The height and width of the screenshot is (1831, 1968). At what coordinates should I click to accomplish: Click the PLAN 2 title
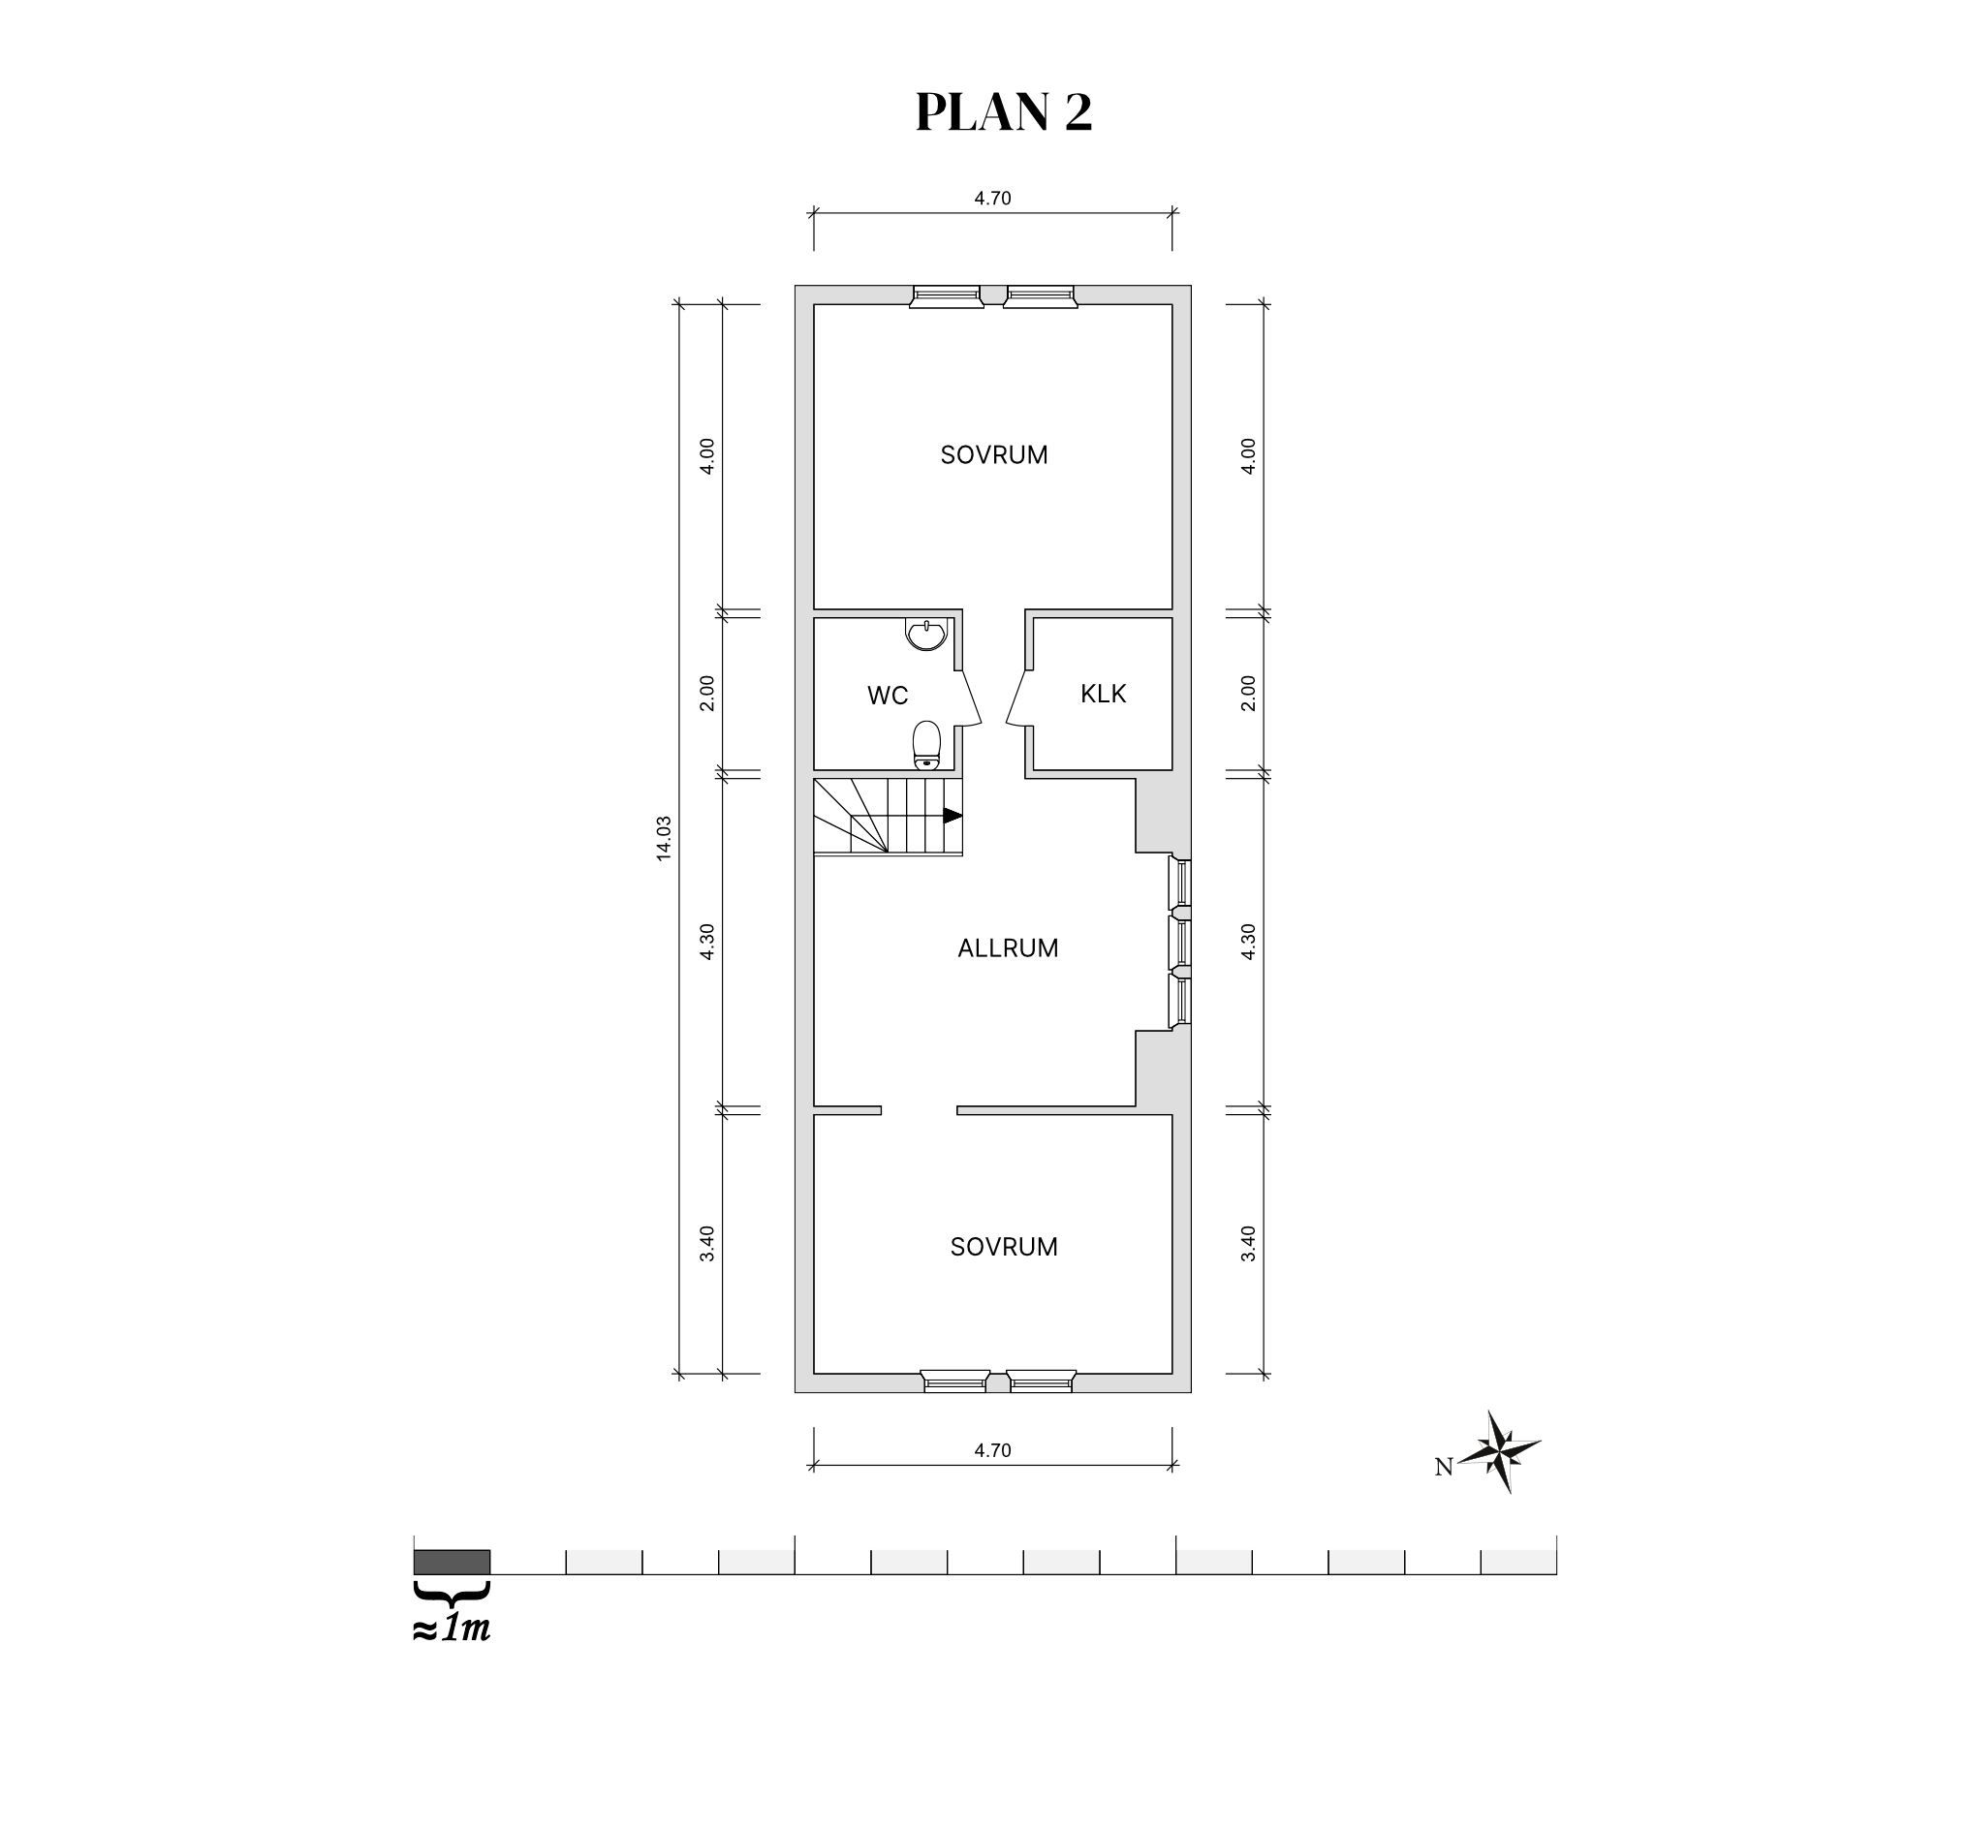tap(1004, 112)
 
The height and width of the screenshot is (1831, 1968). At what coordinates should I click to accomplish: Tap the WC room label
tap(887, 696)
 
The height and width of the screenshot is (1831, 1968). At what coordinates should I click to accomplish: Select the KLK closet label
tap(1103, 694)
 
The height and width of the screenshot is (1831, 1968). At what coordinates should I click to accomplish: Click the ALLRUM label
tap(1008, 948)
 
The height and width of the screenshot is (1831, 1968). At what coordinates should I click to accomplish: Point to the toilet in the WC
tap(925, 744)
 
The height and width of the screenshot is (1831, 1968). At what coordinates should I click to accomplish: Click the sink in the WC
tap(926, 635)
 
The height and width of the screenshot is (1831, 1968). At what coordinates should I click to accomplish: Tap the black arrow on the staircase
tap(953, 816)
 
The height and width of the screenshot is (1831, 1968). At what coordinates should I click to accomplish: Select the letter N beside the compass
tap(1444, 1468)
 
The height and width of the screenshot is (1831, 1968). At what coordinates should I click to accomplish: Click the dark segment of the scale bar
tap(452, 1562)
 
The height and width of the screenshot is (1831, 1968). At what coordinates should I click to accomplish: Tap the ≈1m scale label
tap(452, 1629)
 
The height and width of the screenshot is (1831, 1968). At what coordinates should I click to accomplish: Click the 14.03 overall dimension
tap(663, 838)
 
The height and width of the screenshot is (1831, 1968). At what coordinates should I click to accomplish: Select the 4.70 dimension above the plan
tap(993, 198)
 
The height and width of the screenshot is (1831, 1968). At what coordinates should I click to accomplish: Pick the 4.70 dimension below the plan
tap(993, 1451)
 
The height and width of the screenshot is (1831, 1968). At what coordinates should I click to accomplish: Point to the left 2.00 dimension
tap(706, 694)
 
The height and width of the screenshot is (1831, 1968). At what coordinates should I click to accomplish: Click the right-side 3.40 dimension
tap(1248, 1243)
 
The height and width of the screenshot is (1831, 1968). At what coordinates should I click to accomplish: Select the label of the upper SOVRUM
tap(994, 455)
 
